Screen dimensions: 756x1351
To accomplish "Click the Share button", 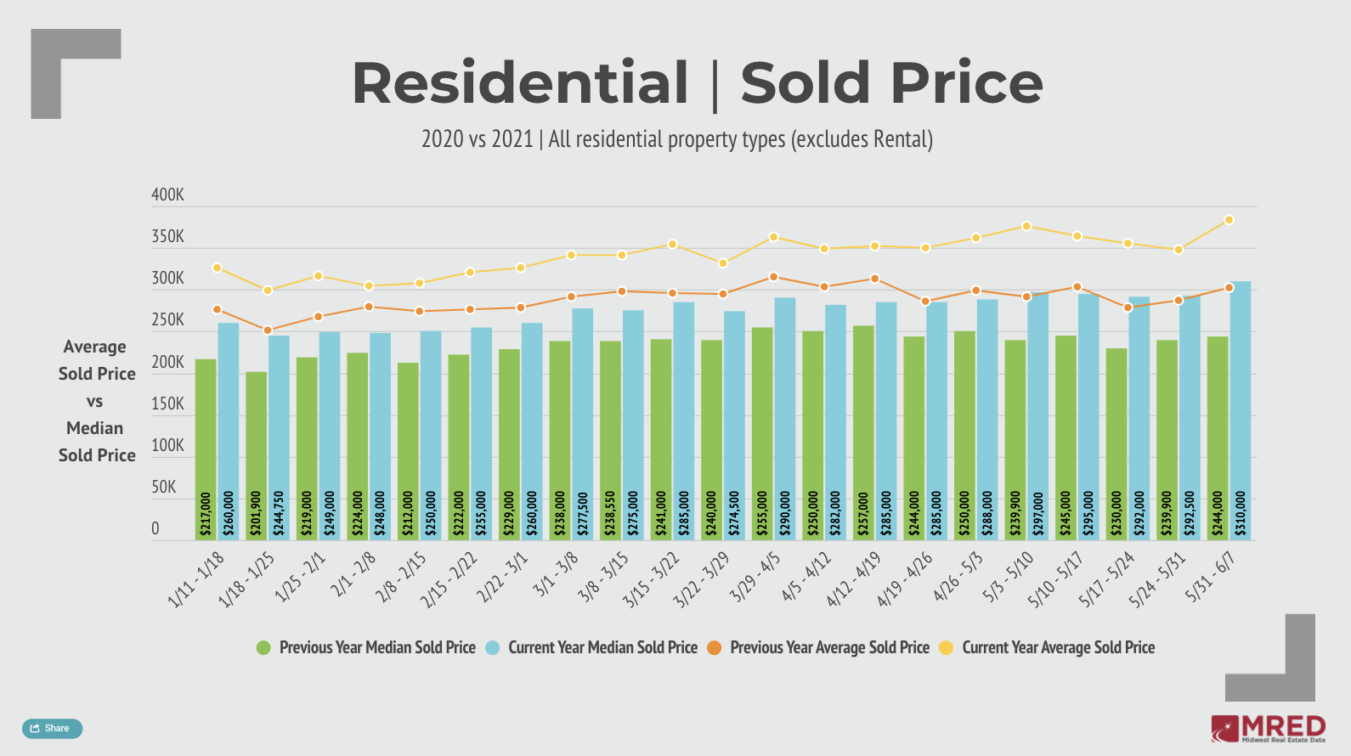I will [52, 728].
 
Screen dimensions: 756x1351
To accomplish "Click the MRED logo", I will [1268, 728].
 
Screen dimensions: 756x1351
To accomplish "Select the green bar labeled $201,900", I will [257, 455].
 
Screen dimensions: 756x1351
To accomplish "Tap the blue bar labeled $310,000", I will [1241, 410].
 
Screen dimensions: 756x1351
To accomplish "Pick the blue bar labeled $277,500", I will [583, 424].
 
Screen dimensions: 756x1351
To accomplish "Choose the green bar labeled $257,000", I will [863, 432].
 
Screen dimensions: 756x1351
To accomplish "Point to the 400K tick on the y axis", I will [167, 195].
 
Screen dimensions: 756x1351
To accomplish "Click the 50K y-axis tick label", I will [164, 487].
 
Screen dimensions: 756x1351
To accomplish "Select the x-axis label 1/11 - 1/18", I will [197, 579].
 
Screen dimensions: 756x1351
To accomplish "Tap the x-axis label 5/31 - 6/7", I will [1211, 576].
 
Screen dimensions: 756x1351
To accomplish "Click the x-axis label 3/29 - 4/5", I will [755, 577].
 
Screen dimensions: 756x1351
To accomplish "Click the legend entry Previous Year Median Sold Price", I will [376, 647].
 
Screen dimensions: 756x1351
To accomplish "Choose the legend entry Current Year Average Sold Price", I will [1058, 647].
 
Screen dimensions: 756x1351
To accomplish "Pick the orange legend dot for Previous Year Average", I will [715, 647].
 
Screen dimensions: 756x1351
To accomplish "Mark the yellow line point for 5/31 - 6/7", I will [1229, 220].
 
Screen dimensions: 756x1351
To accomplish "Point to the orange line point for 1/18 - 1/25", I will [268, 330].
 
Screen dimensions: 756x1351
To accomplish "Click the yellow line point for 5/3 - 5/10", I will [1026, 226].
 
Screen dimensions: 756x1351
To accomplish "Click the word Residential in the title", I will [520, 83].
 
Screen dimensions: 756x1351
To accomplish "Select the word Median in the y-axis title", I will [95, 428].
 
